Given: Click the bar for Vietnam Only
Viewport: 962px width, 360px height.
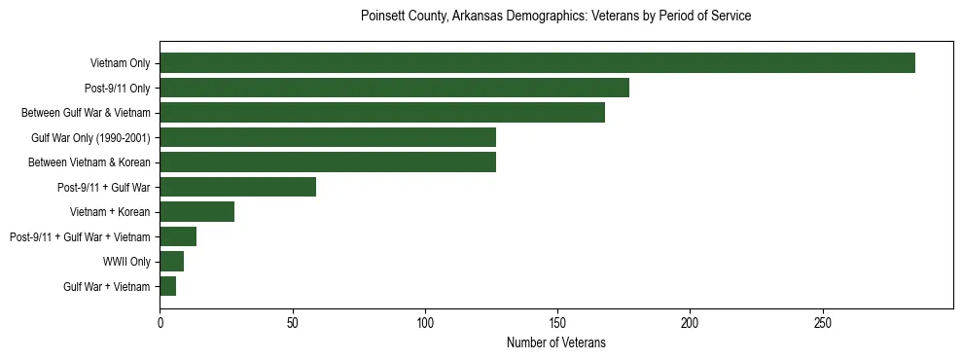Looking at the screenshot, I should (537, 63).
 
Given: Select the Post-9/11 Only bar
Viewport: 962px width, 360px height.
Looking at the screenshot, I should (394, 88).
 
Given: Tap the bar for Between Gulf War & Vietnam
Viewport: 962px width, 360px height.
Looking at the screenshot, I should (382, 113).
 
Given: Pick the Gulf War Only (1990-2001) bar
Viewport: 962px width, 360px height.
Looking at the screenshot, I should (328, 137).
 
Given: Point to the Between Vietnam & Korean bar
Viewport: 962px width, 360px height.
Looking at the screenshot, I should (328, 162).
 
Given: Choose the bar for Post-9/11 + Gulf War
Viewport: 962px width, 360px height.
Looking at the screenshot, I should (237, 187).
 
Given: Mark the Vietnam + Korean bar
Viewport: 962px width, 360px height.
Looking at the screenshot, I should (196, 212).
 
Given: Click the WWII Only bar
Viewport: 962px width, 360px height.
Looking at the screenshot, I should (171, 262).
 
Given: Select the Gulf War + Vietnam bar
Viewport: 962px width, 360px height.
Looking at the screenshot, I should (167, 286).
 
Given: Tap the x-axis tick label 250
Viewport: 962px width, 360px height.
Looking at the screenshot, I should (823, 320).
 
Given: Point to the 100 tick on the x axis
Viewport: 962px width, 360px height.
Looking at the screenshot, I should (425, 320).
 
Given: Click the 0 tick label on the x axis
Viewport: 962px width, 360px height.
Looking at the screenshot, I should (160, 320).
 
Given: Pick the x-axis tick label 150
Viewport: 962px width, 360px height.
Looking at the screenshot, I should (557, 320).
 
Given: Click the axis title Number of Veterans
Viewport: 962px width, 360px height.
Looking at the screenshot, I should (555, 342).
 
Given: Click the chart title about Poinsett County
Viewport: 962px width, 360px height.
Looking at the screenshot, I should (555, 17).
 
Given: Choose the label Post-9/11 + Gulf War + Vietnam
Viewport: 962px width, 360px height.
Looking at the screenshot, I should (80, 236).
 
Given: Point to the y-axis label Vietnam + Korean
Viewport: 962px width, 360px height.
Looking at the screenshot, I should (110, 212).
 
